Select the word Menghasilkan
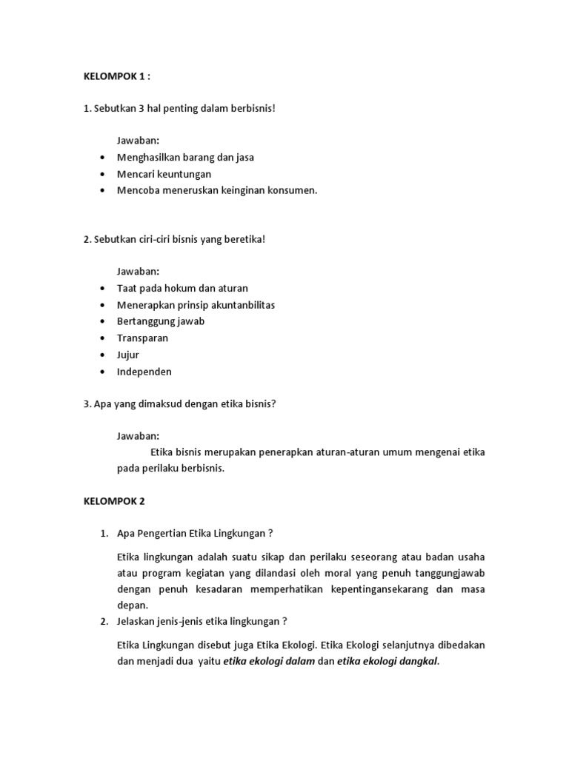coord(148,158)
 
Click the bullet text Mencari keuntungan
coord(164,174)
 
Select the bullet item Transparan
coord(142,338)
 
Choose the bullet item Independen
coord(144,372)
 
